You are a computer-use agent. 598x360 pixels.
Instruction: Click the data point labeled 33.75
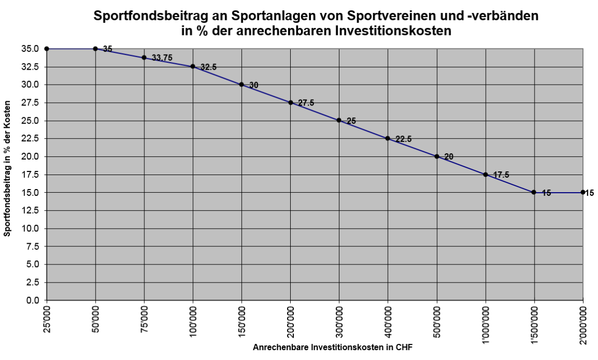[x=144, y=58]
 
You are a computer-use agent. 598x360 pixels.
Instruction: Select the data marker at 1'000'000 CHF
[x=485, y=175]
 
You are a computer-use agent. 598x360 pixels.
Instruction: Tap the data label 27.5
[x=305, y=103]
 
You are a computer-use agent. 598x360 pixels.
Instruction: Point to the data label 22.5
[x=403, y=139]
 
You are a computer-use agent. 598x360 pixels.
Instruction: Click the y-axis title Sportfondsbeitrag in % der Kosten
[x=7, y=175]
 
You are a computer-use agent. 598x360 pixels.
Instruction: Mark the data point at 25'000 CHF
[x=47, y=49]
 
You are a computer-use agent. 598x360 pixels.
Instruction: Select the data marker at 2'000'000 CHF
[x=583, y=192]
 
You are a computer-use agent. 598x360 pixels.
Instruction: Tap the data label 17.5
[x=501, y=175]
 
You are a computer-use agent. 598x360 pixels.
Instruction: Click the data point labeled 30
[x=241, y=85]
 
